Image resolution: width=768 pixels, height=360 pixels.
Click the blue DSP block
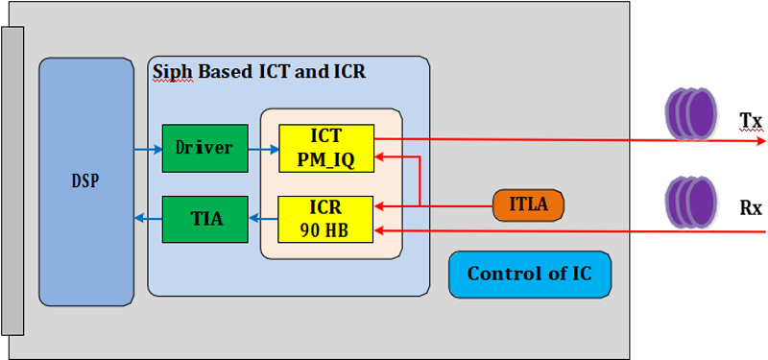(x=86, y=181)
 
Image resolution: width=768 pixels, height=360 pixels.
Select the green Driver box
(x=204, y=148)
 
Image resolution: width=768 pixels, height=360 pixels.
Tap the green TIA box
(x=204, y=219)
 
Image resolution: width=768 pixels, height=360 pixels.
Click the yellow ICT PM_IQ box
(x=325, y=148)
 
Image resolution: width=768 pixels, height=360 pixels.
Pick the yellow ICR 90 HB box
(x=325, y=219)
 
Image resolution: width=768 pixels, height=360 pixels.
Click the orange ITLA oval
(x=528, y=204)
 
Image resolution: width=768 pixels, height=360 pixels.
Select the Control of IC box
(x=529, y=275)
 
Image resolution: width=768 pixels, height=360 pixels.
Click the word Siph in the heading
(x=173, y=73)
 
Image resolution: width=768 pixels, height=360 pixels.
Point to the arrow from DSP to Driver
(x=148, y=149)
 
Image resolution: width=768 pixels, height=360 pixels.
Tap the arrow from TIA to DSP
(x=148, y=219)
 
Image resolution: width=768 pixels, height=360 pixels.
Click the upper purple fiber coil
(x=691, y=112)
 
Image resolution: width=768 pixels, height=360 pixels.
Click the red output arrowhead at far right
(x=761, y=141)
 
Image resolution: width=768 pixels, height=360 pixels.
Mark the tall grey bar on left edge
(x=12, y=181)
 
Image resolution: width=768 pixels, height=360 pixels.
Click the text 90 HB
(x=325, y=229)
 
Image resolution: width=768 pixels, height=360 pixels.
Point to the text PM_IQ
(x=325, y=159)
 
